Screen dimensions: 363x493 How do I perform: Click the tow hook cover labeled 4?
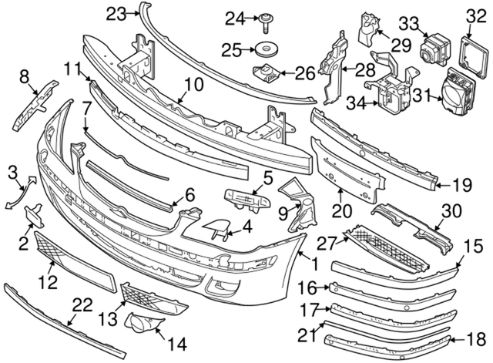pyautogui.click(x=216, y=227)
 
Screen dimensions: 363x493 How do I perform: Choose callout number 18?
pyautogui.click(x=477, y=338)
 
